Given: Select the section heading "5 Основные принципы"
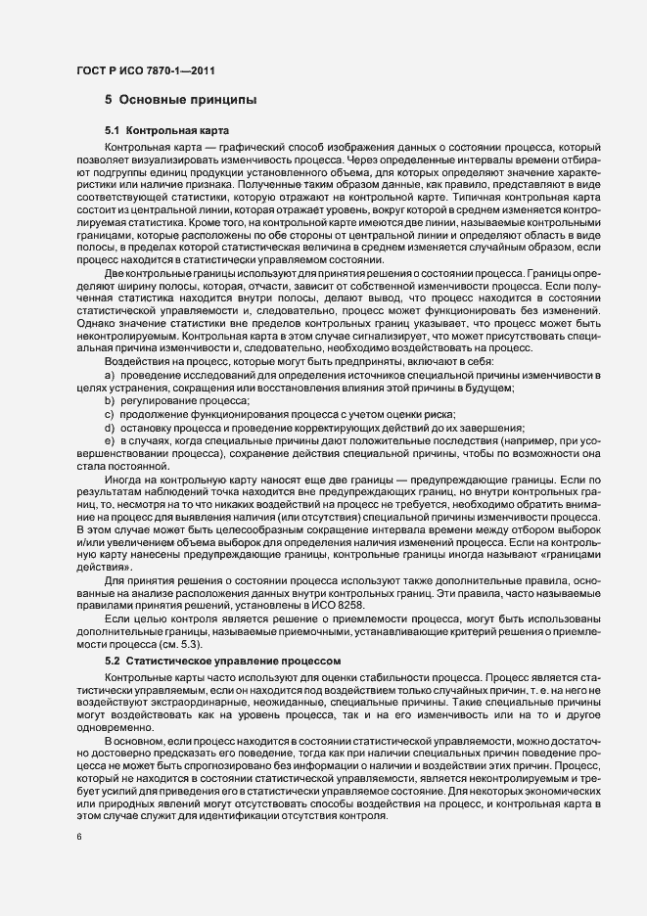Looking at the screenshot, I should coord(181,100).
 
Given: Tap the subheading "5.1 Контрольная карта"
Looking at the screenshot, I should coord(166,130).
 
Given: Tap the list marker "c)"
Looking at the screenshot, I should coord(110,415).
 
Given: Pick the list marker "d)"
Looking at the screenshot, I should coord(110,428).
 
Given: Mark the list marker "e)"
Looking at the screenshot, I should coord(110,440).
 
